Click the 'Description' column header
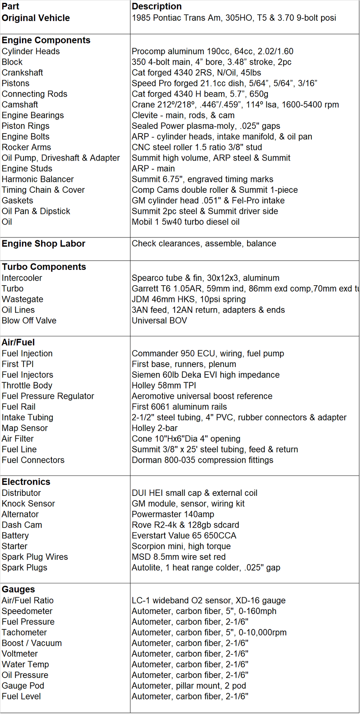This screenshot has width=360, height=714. tap(157, 6)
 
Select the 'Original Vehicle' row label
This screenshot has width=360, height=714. tap(36, 18)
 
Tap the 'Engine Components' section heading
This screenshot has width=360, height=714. tap(46, 40)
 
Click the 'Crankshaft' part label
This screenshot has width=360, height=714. tap(22, 72)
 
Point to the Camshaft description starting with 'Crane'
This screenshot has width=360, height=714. tap(235, 105)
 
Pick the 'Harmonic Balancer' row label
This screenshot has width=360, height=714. tap(37, 179)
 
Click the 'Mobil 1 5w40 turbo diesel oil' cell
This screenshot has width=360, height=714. tap(185, 222)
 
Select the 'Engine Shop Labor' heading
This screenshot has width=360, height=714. tap(44, 243)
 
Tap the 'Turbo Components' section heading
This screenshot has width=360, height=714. tap(44, 267)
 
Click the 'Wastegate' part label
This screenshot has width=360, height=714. tap(22, 299)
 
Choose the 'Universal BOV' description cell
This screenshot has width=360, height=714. tap(159, 321)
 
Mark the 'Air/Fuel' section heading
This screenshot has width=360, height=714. tap(18, 342)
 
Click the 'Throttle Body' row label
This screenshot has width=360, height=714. tap(27, 386)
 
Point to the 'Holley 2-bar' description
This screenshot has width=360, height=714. tap(154, 428)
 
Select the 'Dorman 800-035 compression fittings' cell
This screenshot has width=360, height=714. tap(202, 460)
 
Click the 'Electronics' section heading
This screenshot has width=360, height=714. tap(26, 482)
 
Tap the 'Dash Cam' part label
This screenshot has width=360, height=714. tap(22, 525)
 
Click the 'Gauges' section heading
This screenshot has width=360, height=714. tap(18, 589)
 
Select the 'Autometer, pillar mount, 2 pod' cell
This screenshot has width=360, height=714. tap(189, 686)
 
